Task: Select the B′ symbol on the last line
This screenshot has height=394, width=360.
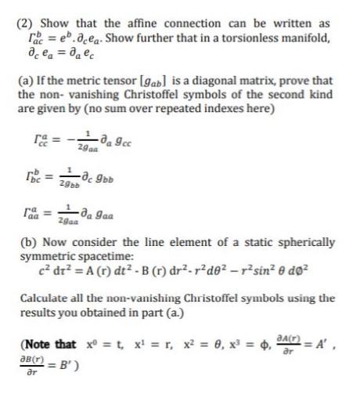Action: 66,366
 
